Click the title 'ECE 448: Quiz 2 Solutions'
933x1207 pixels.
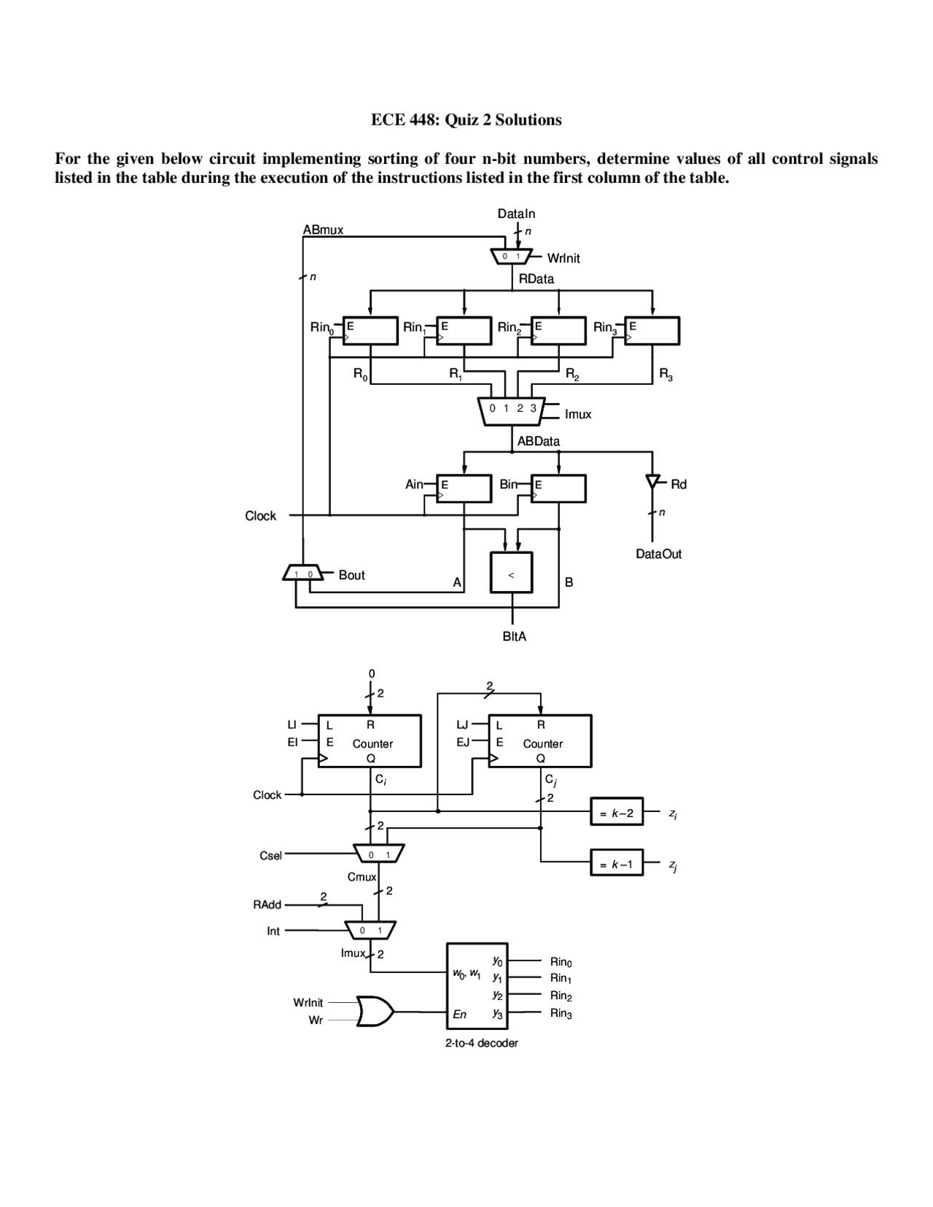pos(466,120)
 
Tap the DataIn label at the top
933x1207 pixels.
pos(516,214)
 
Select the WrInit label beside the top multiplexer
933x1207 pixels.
pos(563,258)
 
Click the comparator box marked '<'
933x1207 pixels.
pos(511,574)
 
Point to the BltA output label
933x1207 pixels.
pos(514,636)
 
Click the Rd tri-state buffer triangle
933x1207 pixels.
pos(653,482)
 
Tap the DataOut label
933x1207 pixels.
pos(658,554)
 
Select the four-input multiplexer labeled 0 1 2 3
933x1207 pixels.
pos(513,410)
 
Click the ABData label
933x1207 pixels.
pos(538,441)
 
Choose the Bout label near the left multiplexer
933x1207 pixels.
pos(351,575)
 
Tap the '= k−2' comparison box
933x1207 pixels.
pos(616,812)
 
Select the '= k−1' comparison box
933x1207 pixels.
pos(616,864)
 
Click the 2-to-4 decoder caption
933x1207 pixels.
pos(481,1043)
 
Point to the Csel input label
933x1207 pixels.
pos(270,856)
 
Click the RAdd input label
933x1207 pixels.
pos(267,905)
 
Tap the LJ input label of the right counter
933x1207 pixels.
pos(462,724)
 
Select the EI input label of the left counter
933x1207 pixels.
pos(292,742)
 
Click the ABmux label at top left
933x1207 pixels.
pos(323,230)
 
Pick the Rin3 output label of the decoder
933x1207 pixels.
pos(561,1013)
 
